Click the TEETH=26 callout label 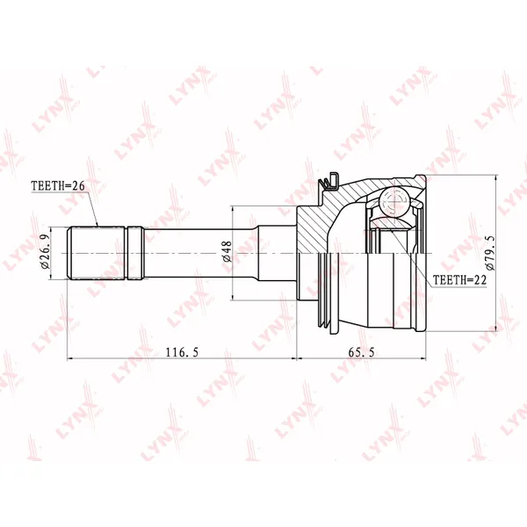[x=58, y=185]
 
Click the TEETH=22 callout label [x=459, y=279]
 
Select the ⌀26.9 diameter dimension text [x=45, y=251]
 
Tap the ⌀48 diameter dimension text [x=227, y=251]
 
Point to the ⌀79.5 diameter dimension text [x=490, y=253]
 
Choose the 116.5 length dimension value [x=182, y=352]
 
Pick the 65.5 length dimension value [x=361, y=352]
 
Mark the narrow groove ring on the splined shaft [x=136, y=253]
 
